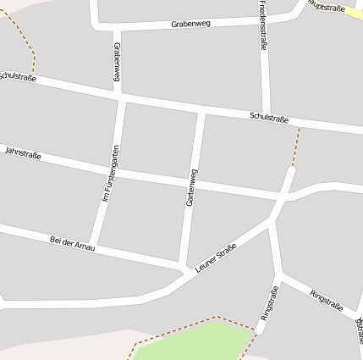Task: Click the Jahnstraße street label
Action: click(x=24, y=152)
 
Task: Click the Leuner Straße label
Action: click(x=215, y=258)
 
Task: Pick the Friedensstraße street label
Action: click(x=262, y=25)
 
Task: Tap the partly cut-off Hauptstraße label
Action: click(x=325, y=6)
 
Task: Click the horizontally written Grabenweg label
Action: click(x=190, y=24)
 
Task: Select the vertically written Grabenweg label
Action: click(x=116, y=63)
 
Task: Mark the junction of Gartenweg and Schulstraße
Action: click(x=201, y=111)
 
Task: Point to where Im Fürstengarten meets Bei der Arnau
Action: click(x=94, y=248)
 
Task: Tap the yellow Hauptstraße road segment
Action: click(x=349, y=12)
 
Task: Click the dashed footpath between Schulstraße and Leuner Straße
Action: click(x=295, y=147)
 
